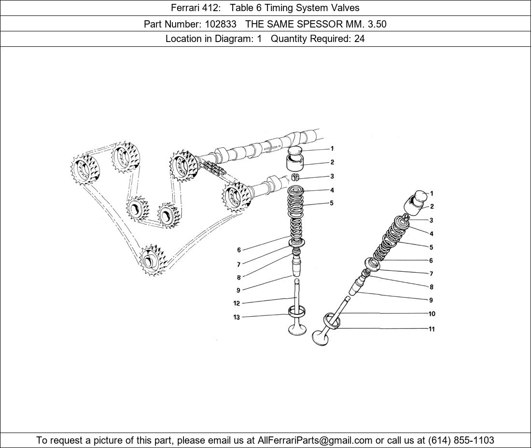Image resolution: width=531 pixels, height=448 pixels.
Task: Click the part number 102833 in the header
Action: point(221,24)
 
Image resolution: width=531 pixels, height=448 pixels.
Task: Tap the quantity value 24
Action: point(359,39)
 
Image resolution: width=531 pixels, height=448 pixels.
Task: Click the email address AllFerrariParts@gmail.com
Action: point(315,440)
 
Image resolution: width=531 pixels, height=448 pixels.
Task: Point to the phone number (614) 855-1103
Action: point(461,440)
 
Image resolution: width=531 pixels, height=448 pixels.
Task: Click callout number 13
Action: point(237,317)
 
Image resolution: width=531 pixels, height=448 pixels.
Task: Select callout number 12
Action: point(237,303)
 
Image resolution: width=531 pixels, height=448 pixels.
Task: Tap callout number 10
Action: point(432,314)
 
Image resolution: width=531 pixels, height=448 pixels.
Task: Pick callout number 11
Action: point(432,329)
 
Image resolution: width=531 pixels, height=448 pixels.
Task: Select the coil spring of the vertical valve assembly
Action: point(297,213)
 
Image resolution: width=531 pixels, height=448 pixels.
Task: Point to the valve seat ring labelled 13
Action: point(297,311)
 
